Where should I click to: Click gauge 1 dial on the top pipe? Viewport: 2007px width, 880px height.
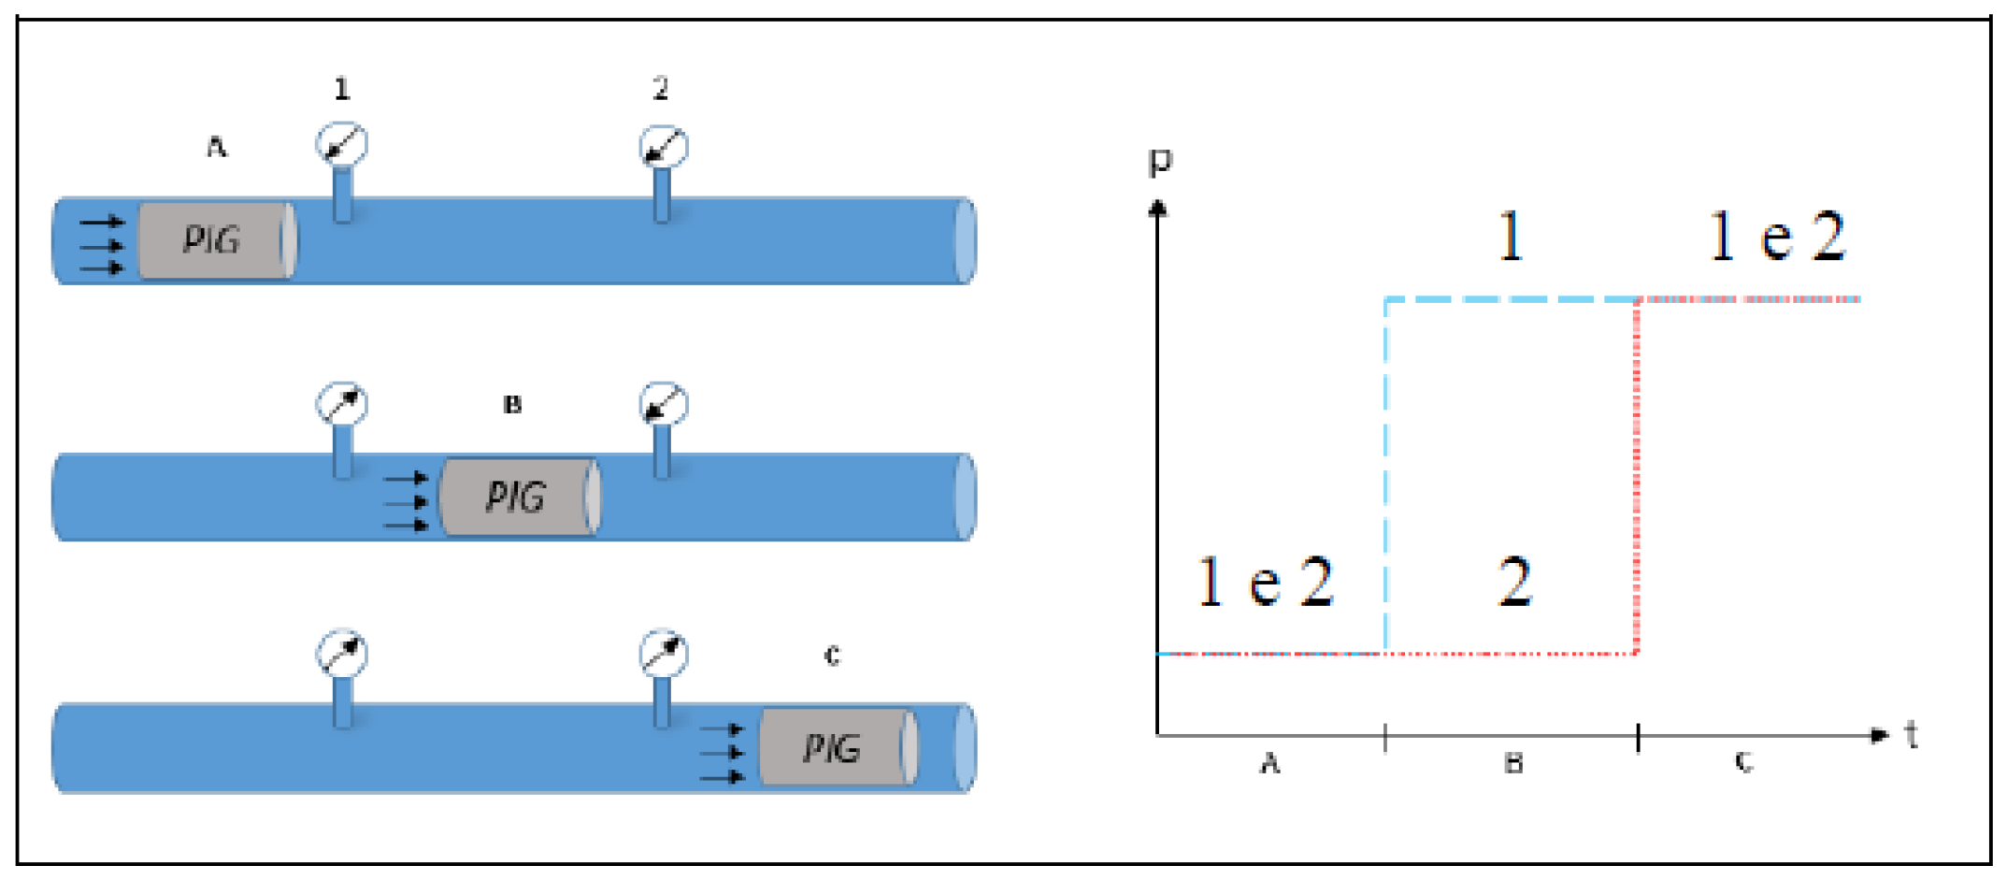click(x=341, y=144)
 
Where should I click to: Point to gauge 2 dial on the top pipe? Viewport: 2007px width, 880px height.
click(x=664, y=147)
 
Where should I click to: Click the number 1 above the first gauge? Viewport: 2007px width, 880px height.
click(x=342, y=89)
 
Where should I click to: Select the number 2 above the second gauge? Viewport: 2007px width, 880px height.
click(x=661, y=89)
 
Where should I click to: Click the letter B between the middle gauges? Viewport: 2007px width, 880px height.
click(x=512, y=405)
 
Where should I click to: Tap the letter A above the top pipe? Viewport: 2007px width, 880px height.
click(x=217, y=147)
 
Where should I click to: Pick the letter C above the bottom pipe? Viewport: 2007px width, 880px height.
click(x=832, y=656)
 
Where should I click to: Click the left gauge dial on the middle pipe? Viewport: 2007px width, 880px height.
click(x=341, y=404)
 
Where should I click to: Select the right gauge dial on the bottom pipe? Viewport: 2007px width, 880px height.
click(x=664, y=653)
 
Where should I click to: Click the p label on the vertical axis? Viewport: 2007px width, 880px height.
click(x=1160, y=162)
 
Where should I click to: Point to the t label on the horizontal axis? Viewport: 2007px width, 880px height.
click(x=1912, y=735)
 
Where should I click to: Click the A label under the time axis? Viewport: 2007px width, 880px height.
click(x=1269, y=764)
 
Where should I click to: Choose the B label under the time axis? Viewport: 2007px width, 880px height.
click(x=1513, y=764)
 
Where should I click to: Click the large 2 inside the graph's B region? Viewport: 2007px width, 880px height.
click(x=1514, y=582)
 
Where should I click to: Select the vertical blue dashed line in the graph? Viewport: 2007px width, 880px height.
click(x=1385, y=468)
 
